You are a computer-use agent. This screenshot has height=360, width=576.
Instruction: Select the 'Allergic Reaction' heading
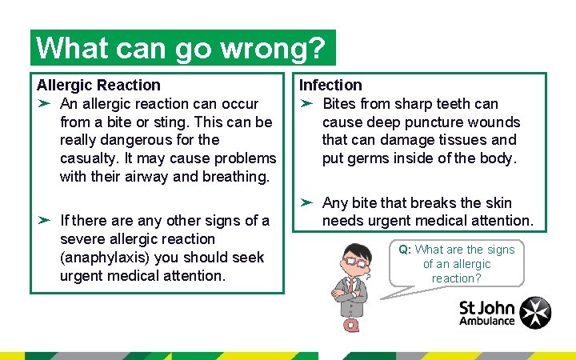[98, 85]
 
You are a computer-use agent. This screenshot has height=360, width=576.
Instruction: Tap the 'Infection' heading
[330, 85]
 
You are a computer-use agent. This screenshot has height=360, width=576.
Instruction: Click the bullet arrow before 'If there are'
[45, 220]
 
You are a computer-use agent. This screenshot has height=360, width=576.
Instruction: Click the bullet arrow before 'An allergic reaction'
[45, 103]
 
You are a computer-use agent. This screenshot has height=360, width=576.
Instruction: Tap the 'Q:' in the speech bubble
[405, 250]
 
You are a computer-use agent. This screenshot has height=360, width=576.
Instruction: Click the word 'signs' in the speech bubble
[498, 250]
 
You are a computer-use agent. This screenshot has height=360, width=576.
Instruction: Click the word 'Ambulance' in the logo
[487, 321]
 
